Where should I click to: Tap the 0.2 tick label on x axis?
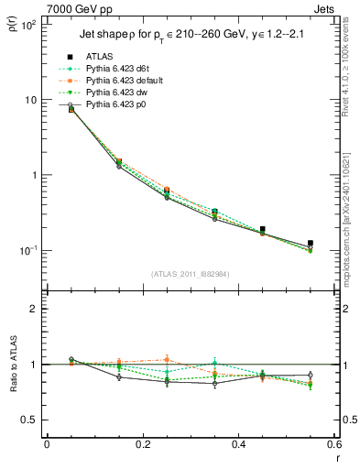point(142,444)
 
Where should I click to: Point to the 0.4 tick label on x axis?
point(238,444)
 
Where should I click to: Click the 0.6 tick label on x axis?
point(333,444)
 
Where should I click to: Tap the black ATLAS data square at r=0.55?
point(311,244)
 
